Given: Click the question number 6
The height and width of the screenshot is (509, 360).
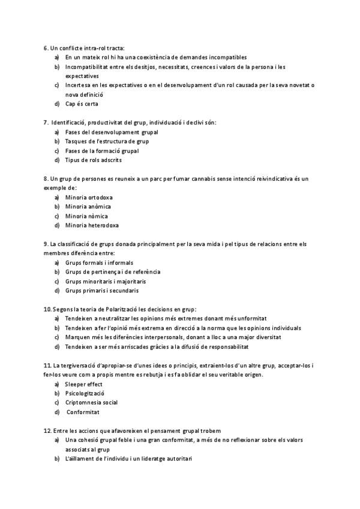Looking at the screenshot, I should pyautogui.click(x=46, y=48).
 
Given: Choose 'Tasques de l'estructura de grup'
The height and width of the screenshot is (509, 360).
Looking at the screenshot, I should pyautogui.click(x=107, y=141).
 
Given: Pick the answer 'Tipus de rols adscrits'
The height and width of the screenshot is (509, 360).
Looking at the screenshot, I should pyautogui.click(x=95, y=160).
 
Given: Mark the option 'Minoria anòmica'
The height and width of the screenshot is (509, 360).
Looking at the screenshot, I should pyautogui.click(x=88, y=207).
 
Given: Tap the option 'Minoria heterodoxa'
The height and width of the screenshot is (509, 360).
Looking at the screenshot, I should pyautogui.click(x=92, y=226).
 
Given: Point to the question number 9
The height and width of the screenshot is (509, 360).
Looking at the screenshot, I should pyautogui.click(x=46, y=244).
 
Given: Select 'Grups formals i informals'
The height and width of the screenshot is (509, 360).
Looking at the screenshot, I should pyautogui.click(x=99, y=263).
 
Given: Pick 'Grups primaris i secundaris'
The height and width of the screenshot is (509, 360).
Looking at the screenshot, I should pyautogui.click(x=101, y=291).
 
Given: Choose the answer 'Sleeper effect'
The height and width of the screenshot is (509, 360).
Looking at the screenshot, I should pyautogui.click(x=84, y=384).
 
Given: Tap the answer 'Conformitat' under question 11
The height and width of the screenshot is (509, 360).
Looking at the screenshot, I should pyautogui.click(x=83, y=412).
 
